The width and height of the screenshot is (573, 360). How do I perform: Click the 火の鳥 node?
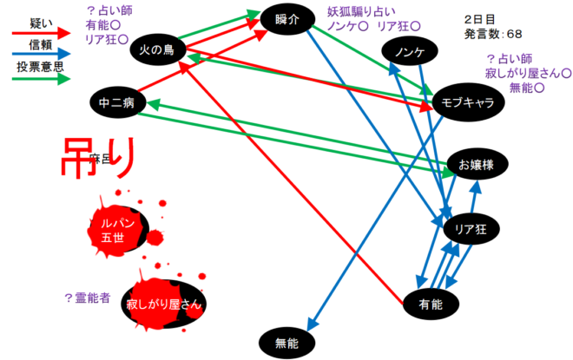158,50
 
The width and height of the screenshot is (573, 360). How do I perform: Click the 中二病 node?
117,102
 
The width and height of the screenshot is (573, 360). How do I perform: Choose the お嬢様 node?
476,164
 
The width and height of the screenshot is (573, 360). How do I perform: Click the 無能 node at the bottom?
286,343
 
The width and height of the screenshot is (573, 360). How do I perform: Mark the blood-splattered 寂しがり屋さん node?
165,304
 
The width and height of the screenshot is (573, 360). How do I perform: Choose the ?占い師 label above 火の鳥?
109,11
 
